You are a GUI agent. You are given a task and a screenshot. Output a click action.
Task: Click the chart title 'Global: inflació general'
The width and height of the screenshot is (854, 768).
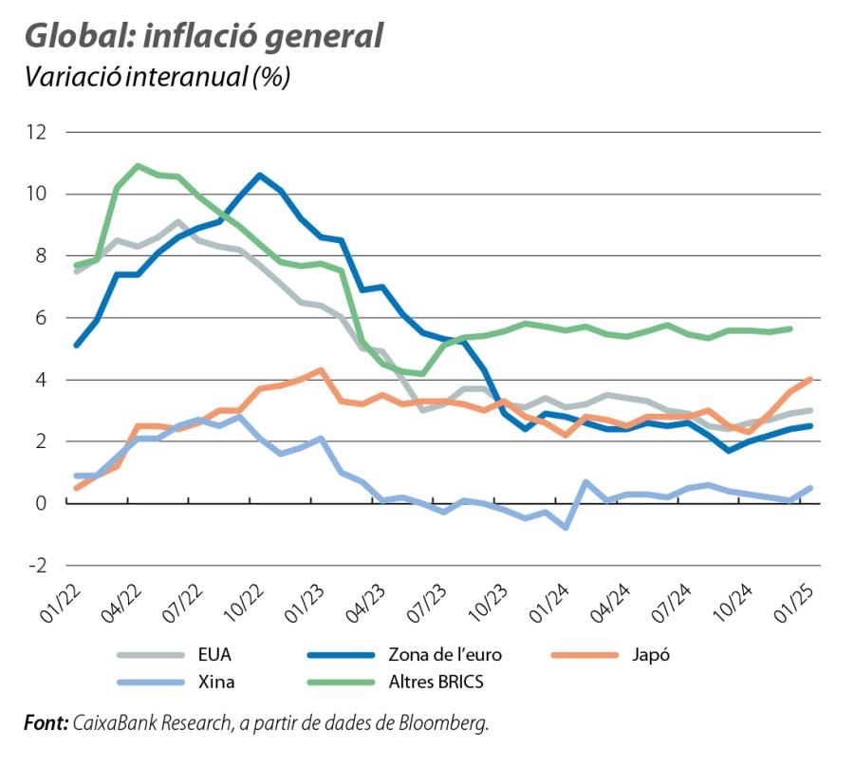click(x=204, y=35)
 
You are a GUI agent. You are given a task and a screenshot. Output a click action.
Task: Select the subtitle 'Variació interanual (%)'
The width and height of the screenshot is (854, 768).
click(x=157, y=76)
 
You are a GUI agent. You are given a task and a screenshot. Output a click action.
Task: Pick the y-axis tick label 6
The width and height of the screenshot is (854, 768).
click(x=40, y=318)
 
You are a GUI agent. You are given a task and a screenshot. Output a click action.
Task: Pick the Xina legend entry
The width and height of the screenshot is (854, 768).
click(x=216, y=682)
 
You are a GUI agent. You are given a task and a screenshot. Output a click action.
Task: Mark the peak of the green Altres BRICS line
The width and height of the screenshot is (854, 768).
click(x=139, y=166)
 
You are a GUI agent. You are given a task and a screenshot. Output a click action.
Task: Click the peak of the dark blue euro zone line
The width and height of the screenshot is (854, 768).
click(x=260, y=175)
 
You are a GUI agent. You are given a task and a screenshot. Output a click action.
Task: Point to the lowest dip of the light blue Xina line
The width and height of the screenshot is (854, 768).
click(x=566, y=526)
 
